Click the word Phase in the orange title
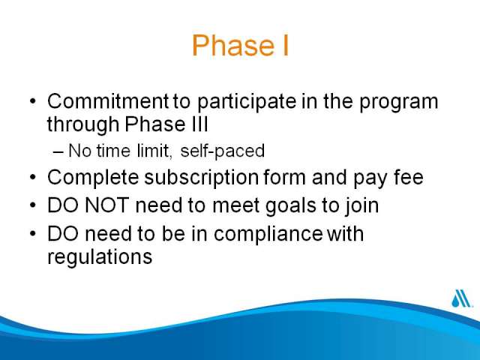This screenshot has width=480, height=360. pyautogui.click(x=233, y=45)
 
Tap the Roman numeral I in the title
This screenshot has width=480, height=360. pyautogui.click(x=285, y=45)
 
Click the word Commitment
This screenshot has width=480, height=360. pyautogui.click(x=108, y=101)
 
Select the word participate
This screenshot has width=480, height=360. pyautogui.click(x=247, y=103)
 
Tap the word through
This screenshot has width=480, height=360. pyautogui.click(x=83, y=125)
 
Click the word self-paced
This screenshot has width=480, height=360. pyautogui.click(x=223, y=151)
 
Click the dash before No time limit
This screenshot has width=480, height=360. pyautogui.click(x=58, y=151)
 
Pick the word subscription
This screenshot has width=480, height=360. pyautogui.click(x=202, y=178)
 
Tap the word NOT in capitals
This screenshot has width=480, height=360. pyautogui.click(x=106, y=205)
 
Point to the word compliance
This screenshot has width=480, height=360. pyautogui.click(x=268, y=235)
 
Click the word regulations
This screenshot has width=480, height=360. pyautogui.click(x=100, y=257)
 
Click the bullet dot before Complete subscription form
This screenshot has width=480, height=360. pyautogui.click(x=33, y=177)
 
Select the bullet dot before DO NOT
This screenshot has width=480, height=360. pyautogui.click(x=33, y=205)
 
